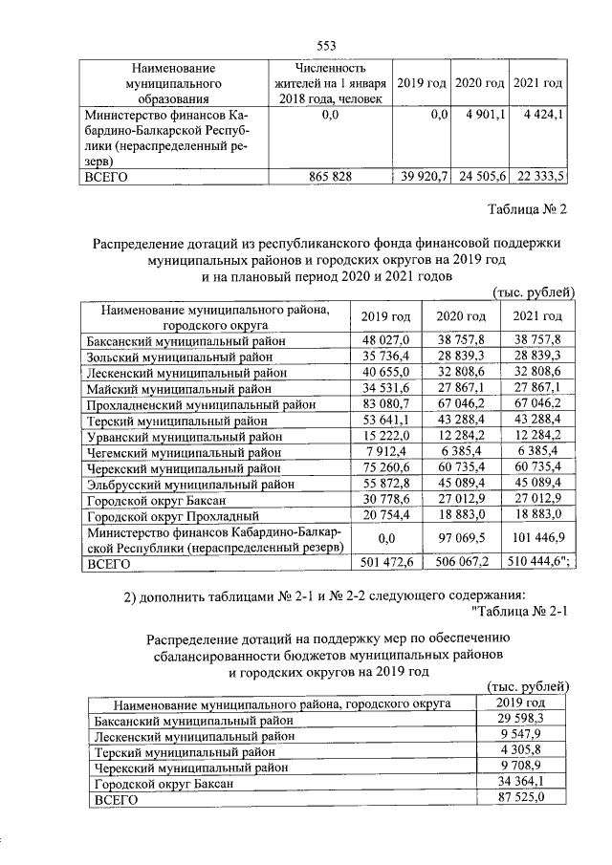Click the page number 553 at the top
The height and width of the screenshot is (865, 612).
click(x=327, y=45)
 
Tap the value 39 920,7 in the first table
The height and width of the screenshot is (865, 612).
click(x=422, y=176)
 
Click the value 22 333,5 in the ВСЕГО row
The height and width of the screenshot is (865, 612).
click(x=540, y=176)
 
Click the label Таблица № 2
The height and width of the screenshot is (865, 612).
click(x=527, y=209)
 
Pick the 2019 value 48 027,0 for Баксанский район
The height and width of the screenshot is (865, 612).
click(x=386, y=339)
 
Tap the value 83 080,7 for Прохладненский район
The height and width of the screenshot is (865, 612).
click(x=386, y=404)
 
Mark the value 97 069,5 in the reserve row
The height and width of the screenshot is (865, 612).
click(x=462, y=539)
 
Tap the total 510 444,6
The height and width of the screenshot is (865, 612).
click(x=538, y=564)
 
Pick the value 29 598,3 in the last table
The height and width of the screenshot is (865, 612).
click(x=523, y=720)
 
